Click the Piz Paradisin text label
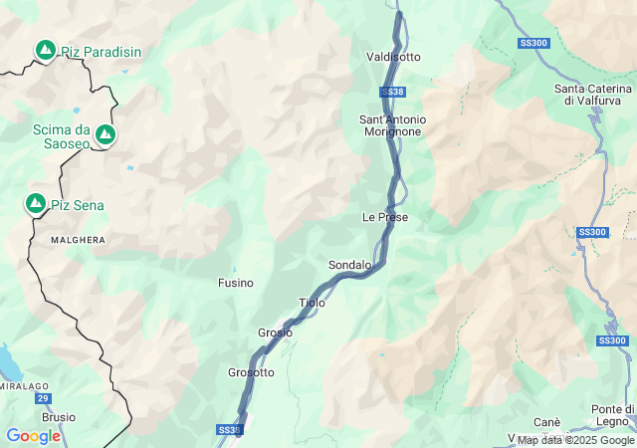click(x=101, y=52)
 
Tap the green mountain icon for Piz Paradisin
click(x=45, y=49)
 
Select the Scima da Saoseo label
click(x=61, y=136)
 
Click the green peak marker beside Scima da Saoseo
click(x=105, y=134)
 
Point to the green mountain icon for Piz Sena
click(x=36, y=204)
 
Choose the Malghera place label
click(x=78, y=240)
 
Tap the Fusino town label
click(x=236, y=283)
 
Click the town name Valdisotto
click(x=393, y=57)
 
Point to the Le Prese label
click(x=384, y=217)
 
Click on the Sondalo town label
click(x=349, y=265)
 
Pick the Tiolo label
click(x=312, y=303)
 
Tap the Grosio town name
click(x=275, y=333)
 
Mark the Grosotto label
click(x=251, y=372)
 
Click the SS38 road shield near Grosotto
click(x=229, y=430)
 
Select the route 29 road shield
click(x=43, y=398)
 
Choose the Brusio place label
click(x=59, y=417)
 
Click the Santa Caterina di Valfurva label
click(x=594, y=94)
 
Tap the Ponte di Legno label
click(x=613, y=415)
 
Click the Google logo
click(x=33, y=436)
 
